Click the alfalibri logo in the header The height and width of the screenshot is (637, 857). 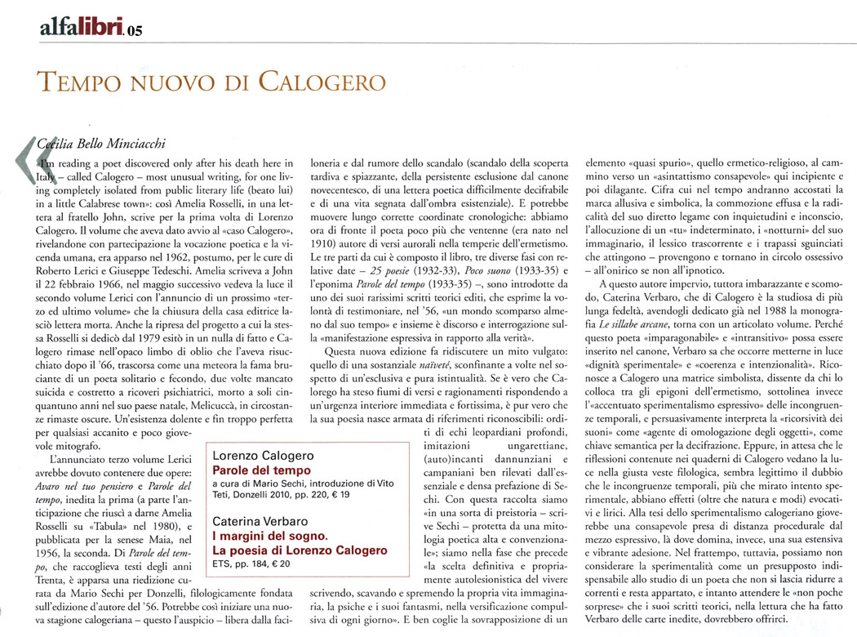pyautogui.click(x=82, y=29)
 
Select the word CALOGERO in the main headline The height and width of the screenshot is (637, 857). pyautogui.click(x=312, y=82)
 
